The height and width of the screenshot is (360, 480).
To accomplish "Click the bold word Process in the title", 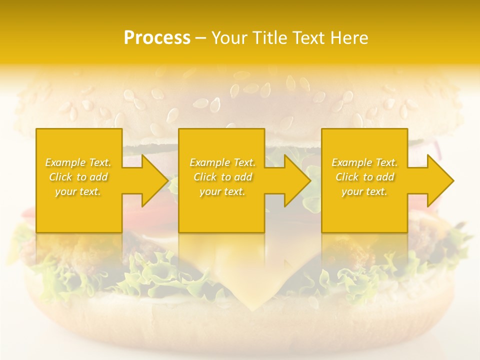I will pos(157,37).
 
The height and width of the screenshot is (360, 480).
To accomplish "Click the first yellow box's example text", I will pos(78,177).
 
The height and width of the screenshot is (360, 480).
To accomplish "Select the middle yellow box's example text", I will pos(222,177).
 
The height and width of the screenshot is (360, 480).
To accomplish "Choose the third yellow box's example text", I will pos(364,177).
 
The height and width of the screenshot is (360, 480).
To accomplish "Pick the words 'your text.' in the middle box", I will pos(222,191).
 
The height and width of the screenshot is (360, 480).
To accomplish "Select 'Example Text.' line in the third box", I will pos(364,162).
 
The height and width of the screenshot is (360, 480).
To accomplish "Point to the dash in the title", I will pos(200,38).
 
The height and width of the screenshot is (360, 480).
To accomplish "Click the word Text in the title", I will pos(311,37).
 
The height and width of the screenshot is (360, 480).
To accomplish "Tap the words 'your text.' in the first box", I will pos(78,191).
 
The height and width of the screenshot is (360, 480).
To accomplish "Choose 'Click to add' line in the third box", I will pos(364,177).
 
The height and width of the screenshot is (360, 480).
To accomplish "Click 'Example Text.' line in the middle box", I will pos(222,162).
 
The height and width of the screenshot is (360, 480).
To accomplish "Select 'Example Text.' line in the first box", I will pos(78,162).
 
